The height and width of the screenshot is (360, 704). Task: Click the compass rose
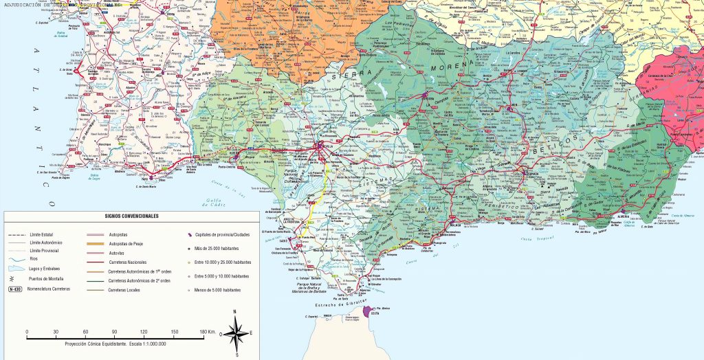point(236,334)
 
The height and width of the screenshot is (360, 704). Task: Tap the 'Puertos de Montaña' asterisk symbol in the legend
point(12,279)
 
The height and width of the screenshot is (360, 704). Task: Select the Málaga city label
point(453,224)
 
